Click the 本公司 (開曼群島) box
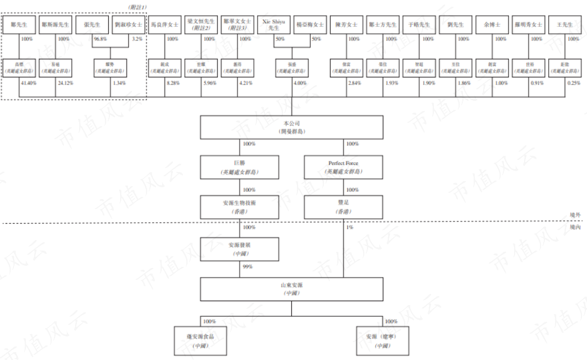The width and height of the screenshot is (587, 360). tap(292, 127)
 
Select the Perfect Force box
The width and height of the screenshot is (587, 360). tap(343, 167)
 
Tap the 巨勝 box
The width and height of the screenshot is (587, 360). tap(240, 167)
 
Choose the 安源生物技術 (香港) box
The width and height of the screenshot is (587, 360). tap(240, 207)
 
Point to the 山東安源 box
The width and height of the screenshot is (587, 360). tap(292, 289)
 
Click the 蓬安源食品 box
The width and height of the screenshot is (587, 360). tap(200, 340)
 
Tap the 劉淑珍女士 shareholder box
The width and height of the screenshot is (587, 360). tap(129, 25)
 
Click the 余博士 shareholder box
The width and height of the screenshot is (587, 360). tap(492, 25)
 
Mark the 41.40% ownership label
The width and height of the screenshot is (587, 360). tap(29, 83)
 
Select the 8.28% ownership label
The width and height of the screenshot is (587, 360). tap(175, 83)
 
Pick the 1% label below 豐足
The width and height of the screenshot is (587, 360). tap(350, 227)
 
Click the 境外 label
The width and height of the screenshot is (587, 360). tap(575, 216)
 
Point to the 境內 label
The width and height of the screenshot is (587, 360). tap(575, 228)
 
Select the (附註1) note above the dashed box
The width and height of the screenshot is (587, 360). tap(137, 6)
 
